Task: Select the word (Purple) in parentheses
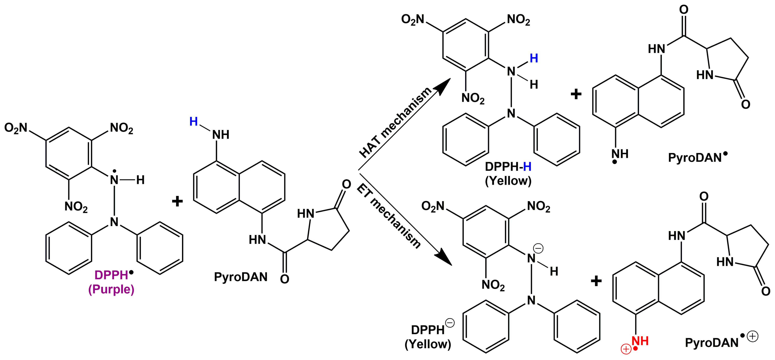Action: (111, 289)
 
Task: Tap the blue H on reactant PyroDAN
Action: (193, 122)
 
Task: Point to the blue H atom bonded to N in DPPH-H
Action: (534, 58)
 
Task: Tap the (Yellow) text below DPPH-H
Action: (508, 181)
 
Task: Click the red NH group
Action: (640, 341)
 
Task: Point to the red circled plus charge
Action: (626, 349)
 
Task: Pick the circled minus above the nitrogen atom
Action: (538, 249)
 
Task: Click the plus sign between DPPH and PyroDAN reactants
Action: (177, 201)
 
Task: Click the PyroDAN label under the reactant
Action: (241, 277)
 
